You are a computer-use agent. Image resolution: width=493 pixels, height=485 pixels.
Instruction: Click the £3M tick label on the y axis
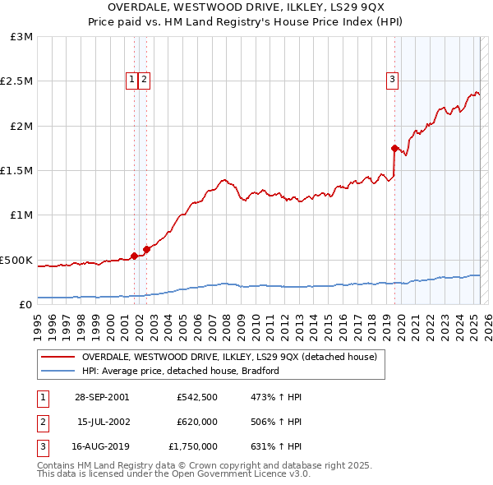pyautogui.click(x=22, y=37)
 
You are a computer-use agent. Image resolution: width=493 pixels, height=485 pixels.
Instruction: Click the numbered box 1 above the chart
pyautogui.click(x=132, y=79)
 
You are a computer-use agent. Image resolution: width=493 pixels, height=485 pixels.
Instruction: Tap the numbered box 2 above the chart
pyautogui.click(x=144, y=79)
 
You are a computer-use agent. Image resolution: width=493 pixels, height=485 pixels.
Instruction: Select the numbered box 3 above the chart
pyautogui.click(x=393, y=79)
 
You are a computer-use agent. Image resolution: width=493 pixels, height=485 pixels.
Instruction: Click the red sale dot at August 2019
pyautogui.click(x=394, y=148)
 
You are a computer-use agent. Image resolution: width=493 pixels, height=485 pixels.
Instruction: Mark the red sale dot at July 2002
pyautogui.click(x=146, y=249)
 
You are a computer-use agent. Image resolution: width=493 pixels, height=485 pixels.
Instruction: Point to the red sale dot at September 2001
pyautogui.click(x=134, y=256)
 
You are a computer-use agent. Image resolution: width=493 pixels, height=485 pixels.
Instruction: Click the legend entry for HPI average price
pyautogui.click(x=180, y=371)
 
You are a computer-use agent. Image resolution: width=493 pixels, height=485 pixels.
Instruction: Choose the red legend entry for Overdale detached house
pyautogui.click(x=228, y=357)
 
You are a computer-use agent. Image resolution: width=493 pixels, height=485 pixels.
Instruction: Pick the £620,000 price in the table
pyautogui.click(x=196, y=422)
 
